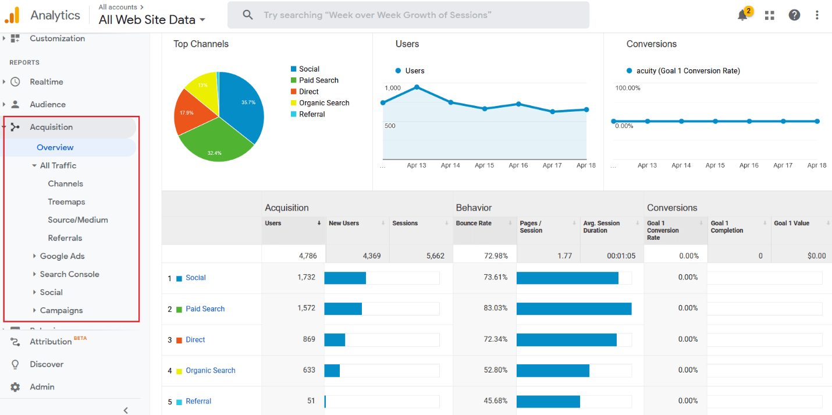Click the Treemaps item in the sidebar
point(66,202)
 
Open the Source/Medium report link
point(78,220)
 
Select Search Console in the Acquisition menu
point(69,274)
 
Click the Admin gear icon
point(15,387)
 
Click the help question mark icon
point(794,15)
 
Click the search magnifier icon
point(248,15)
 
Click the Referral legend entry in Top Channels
point(312,114)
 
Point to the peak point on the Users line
point(417,87)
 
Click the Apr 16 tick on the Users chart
point(518,165)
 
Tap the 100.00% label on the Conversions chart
point(628,88)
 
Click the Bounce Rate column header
point(474,224)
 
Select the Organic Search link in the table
point(211,370)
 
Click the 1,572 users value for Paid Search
point(306,308)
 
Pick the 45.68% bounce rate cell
point(495,400)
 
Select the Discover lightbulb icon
point(15,364)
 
